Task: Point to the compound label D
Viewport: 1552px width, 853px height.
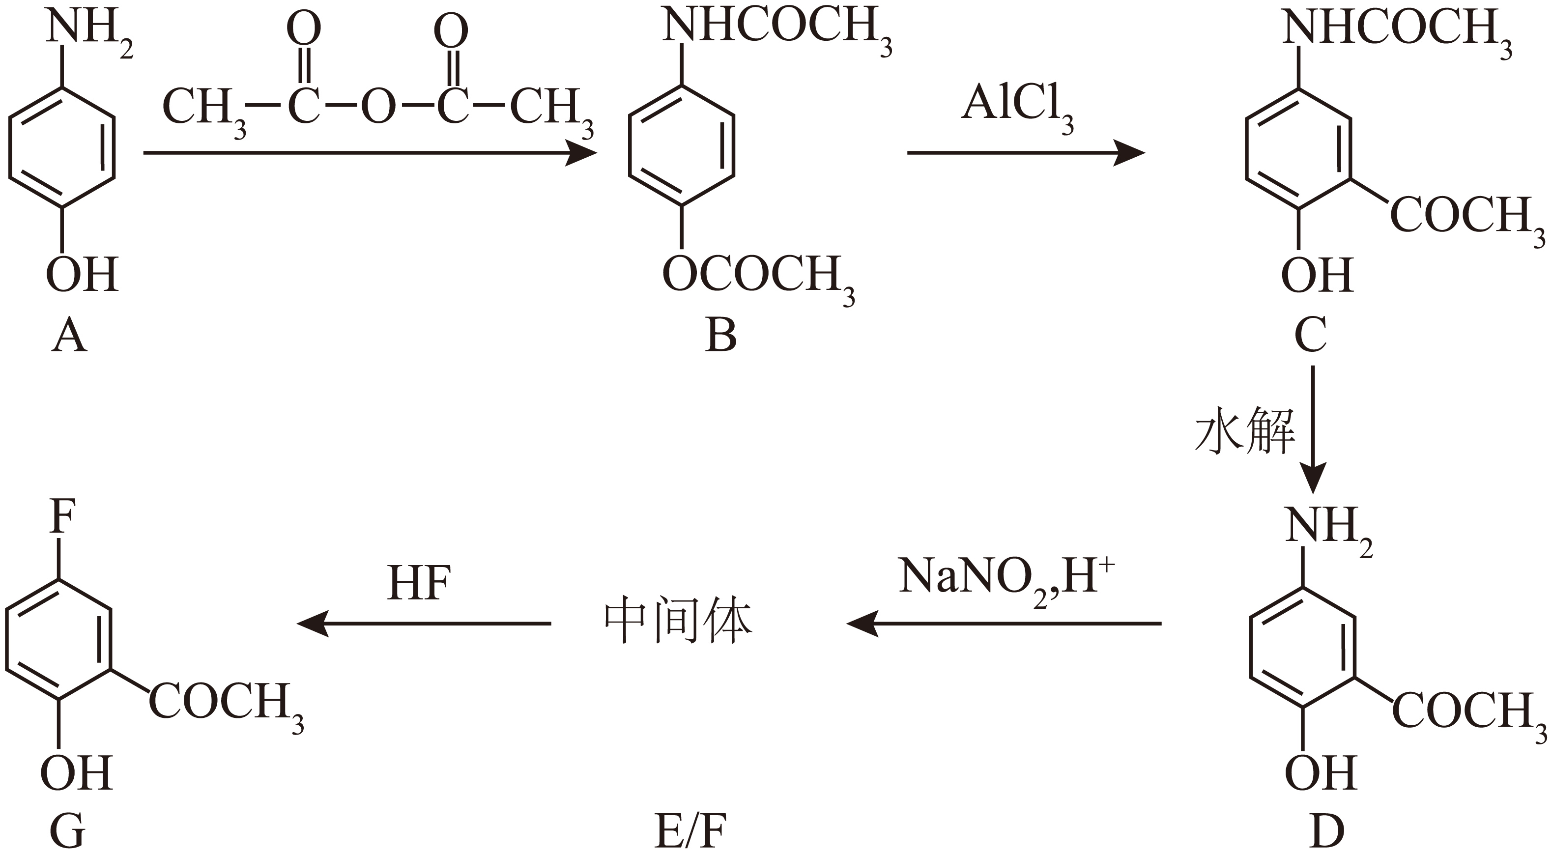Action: pyautogui.click(x=1327, y=832)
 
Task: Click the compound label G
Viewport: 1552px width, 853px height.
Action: pyautogui.click(x=67, y=832)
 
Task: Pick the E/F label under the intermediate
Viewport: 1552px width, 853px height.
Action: pyautogui.click(x=690, y=832)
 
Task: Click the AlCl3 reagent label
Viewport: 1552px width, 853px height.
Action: pyautogui.click(x=1018, y=109)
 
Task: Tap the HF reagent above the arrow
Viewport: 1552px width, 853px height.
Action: pyautogui.click(x=419, y=583)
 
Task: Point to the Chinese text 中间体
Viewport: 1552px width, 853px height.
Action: pyautogui.click(x=678, y=621)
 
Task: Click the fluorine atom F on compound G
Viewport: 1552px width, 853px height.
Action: pyautogui.click(x=62, y=516)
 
